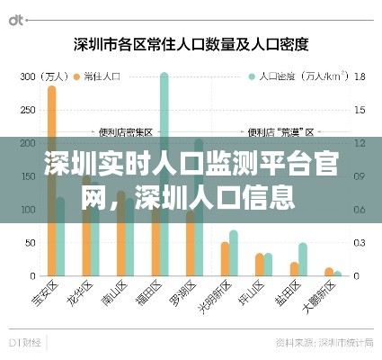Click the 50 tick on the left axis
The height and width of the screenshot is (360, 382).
(x=30, y=243)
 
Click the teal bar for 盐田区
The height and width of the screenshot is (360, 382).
(x=303, y=259)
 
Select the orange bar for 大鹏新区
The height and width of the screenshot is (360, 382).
(x=329, y=271)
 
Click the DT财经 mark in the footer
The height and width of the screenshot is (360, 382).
(x=27, y=343)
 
